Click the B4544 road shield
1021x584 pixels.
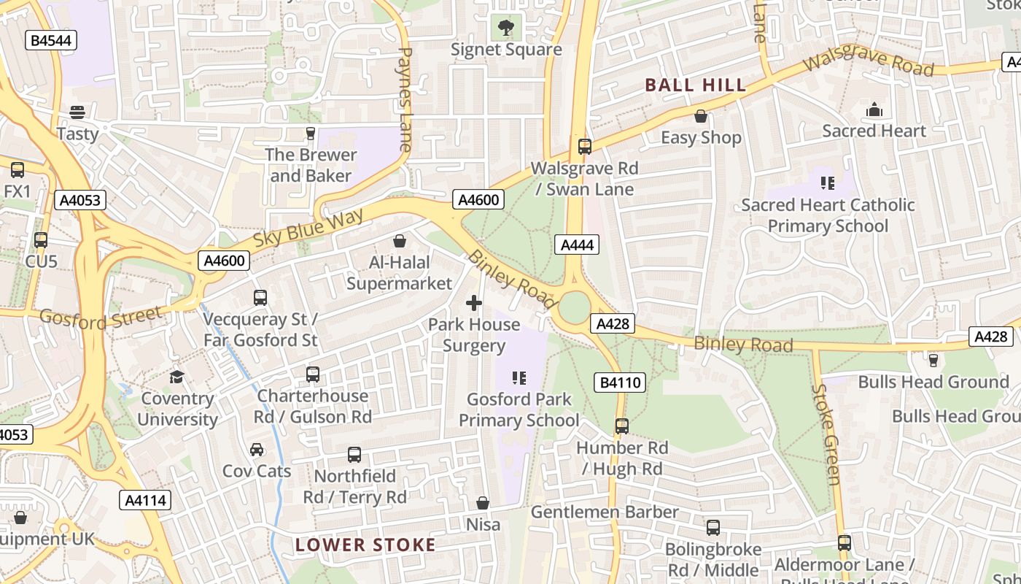tap(50, 40)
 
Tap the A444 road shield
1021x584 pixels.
tap(577, 245)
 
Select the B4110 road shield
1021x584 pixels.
tap(620, 382)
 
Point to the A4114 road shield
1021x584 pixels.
tap(146, 500)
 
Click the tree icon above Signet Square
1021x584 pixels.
tap(505, 28)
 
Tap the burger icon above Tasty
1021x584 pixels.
tap(77, 112)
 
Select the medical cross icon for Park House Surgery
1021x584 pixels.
tap(474, 302)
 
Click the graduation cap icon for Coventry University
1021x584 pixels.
tap(177, 377)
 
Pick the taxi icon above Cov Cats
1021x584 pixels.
tap(257, 450)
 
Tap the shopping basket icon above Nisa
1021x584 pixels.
tap(483, 503)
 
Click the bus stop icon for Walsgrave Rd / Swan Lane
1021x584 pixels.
tap(584, 147)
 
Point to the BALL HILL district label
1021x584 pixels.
tap(696, 85)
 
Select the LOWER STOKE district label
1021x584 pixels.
tap(365, 545)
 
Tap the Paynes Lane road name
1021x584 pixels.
tap(406, 99)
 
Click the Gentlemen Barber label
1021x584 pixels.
tap(605, 512)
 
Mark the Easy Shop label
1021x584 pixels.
tap(701, 137)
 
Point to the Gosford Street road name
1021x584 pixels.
tap(101, 318)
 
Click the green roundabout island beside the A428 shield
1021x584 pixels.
tap(575, 308)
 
